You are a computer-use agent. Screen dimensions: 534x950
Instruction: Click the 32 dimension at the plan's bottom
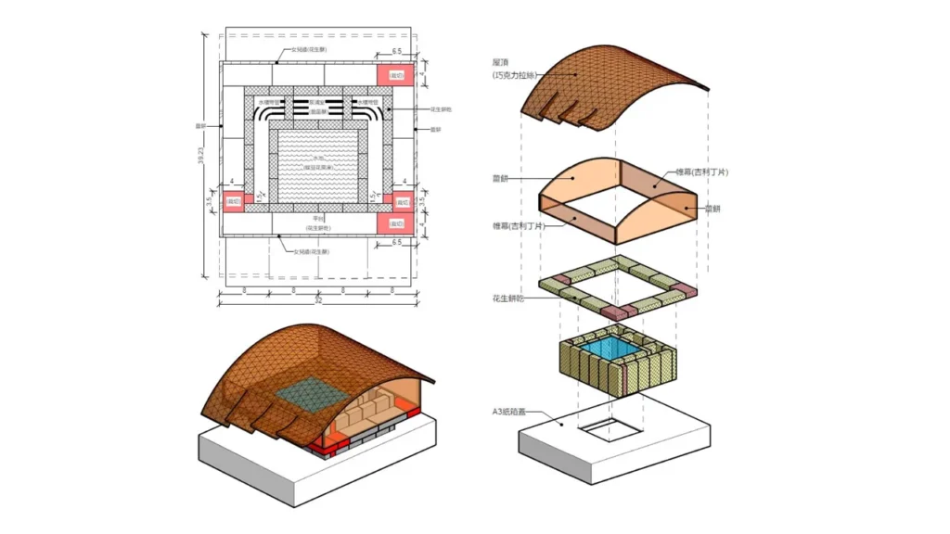318,299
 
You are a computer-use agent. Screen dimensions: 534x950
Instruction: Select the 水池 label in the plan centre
318,159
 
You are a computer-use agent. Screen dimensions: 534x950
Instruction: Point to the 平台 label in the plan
318,219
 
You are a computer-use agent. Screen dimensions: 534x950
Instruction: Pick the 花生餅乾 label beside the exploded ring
509,299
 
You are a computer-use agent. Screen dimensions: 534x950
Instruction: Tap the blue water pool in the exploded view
619,348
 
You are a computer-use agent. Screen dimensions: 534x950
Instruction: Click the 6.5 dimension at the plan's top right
396,52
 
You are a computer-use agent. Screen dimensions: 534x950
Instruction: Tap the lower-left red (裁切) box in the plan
232,201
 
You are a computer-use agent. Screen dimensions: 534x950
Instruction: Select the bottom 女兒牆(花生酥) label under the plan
310,251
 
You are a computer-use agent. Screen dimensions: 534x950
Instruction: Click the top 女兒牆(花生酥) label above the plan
310,49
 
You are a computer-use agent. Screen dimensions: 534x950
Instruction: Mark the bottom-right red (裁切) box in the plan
396,223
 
